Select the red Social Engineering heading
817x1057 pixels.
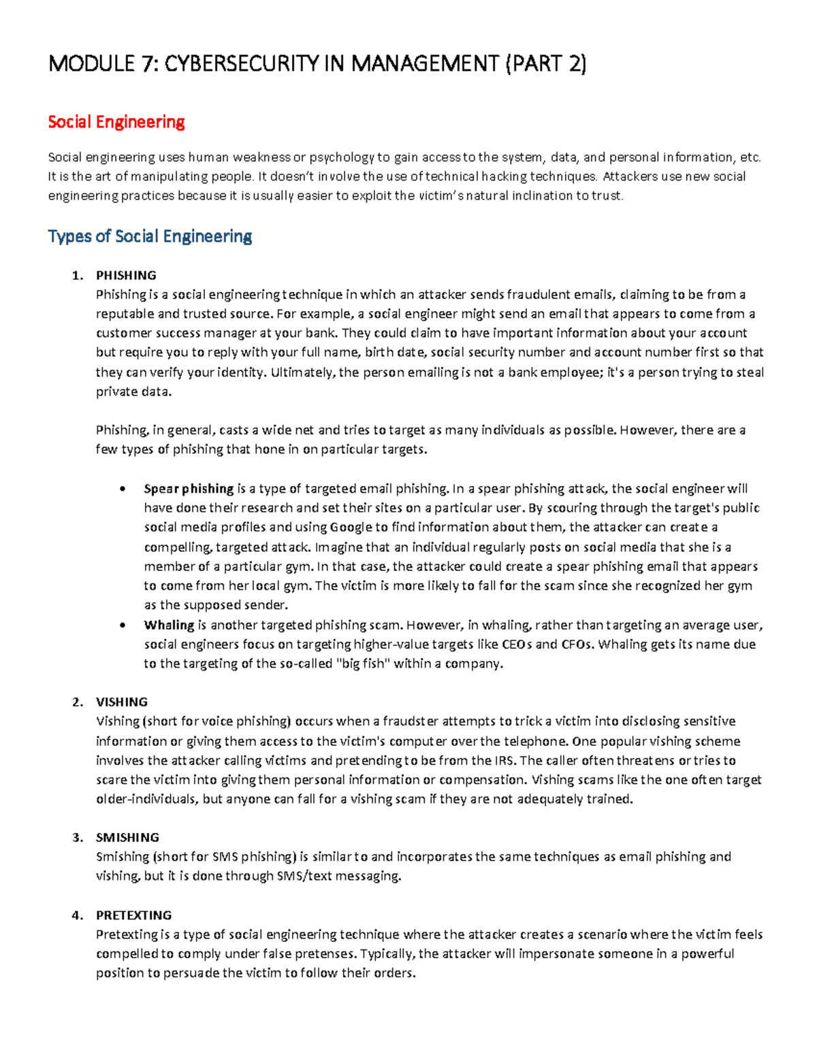tap(116, 123)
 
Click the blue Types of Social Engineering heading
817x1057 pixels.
tap(150, 236)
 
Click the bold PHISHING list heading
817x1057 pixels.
tap(126, 276)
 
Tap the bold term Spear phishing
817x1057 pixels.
tap(189, 489)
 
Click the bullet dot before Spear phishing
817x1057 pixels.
tap(123, 489)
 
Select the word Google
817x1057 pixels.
tap(351, 527)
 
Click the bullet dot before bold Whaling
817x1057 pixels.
tap(123, 625)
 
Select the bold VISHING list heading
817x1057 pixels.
tap(122, 702)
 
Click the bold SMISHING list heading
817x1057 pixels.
tap(127, 838)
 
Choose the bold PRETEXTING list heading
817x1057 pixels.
tap(133, 915)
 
